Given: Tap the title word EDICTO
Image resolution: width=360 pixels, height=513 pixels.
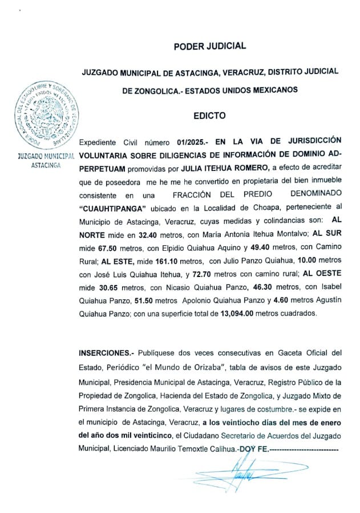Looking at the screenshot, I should (209, 116).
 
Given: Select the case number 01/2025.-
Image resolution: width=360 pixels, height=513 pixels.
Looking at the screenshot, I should (192, 140).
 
